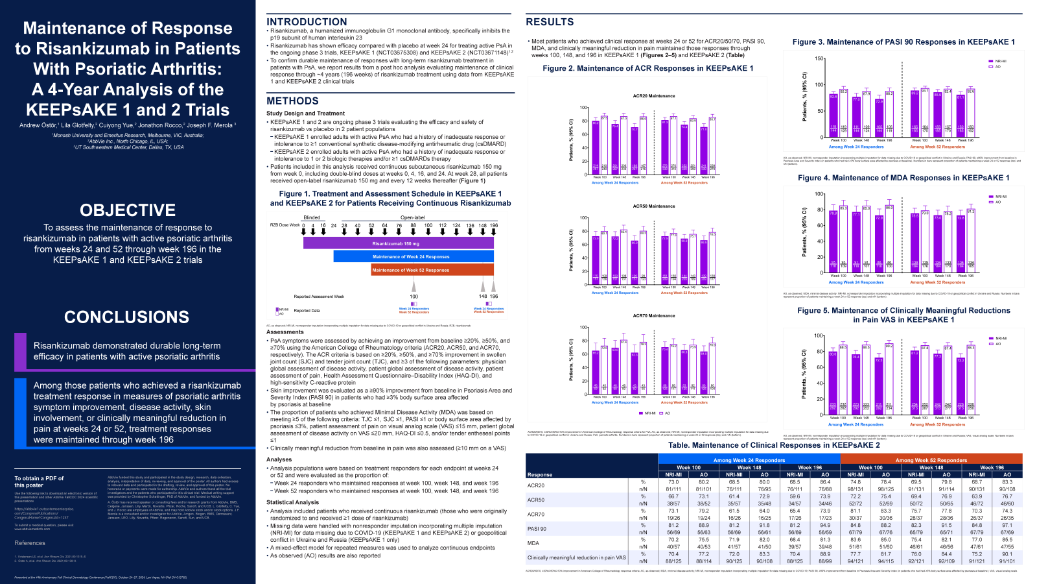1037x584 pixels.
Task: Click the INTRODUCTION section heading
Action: click(x=307, y=22)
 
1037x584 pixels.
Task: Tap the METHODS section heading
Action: click(x=292, y=101)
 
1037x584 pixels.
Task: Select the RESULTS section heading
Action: click(x=550, y=22)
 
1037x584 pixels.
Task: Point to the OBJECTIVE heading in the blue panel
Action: click(x=128, y=210)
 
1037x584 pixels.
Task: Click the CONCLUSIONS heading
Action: click(x=127, y=317)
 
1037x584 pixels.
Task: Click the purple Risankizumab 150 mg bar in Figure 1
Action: click(x=398, y=243)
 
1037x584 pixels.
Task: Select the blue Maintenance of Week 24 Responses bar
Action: click(x=413, y=257)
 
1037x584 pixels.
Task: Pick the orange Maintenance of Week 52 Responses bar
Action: click(x=432, y=270)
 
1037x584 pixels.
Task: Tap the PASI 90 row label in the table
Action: click(x=537, y=529)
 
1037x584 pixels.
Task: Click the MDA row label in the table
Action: click(x=533, y=543)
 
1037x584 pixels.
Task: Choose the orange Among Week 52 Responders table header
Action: click(x=931, y=460)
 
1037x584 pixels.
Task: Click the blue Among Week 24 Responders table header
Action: click(x=749, y=460)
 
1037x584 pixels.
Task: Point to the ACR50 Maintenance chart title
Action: click(x=653, y=206)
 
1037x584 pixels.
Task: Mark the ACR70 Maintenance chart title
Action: click(x=653, y=316)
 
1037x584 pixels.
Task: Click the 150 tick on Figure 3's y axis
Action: click(x=819, y=59)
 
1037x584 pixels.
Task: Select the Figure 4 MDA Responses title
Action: click(x=903, y=178)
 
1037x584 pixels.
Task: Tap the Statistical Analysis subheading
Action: click(x=292, y=502)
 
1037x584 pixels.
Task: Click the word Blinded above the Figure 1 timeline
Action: click(x=312, y=218)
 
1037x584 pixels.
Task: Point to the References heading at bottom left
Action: click(x=30, y=543)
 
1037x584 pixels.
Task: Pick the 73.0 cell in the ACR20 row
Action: click(x=673, y=482)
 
